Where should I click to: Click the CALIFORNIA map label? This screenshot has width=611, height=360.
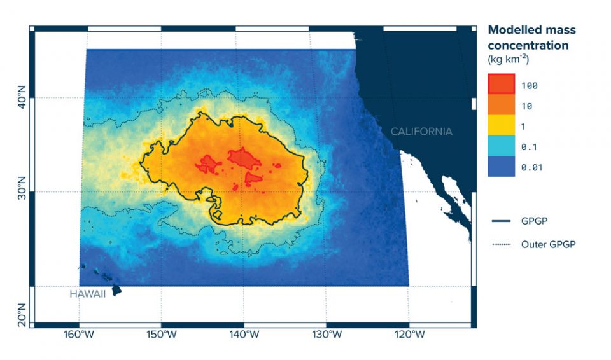click(421, 132)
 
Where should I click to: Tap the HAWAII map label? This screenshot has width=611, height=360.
click(88, 294)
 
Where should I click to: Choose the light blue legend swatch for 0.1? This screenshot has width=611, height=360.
click(500, 147)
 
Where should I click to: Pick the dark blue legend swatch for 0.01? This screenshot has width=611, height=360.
click(500, 167)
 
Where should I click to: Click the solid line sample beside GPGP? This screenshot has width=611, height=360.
click(502, 221)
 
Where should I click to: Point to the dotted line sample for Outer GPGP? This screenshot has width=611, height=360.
click(502, 244)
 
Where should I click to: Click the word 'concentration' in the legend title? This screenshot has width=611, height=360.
click(528, 46)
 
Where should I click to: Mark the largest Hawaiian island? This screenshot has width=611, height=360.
click(116, 290)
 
